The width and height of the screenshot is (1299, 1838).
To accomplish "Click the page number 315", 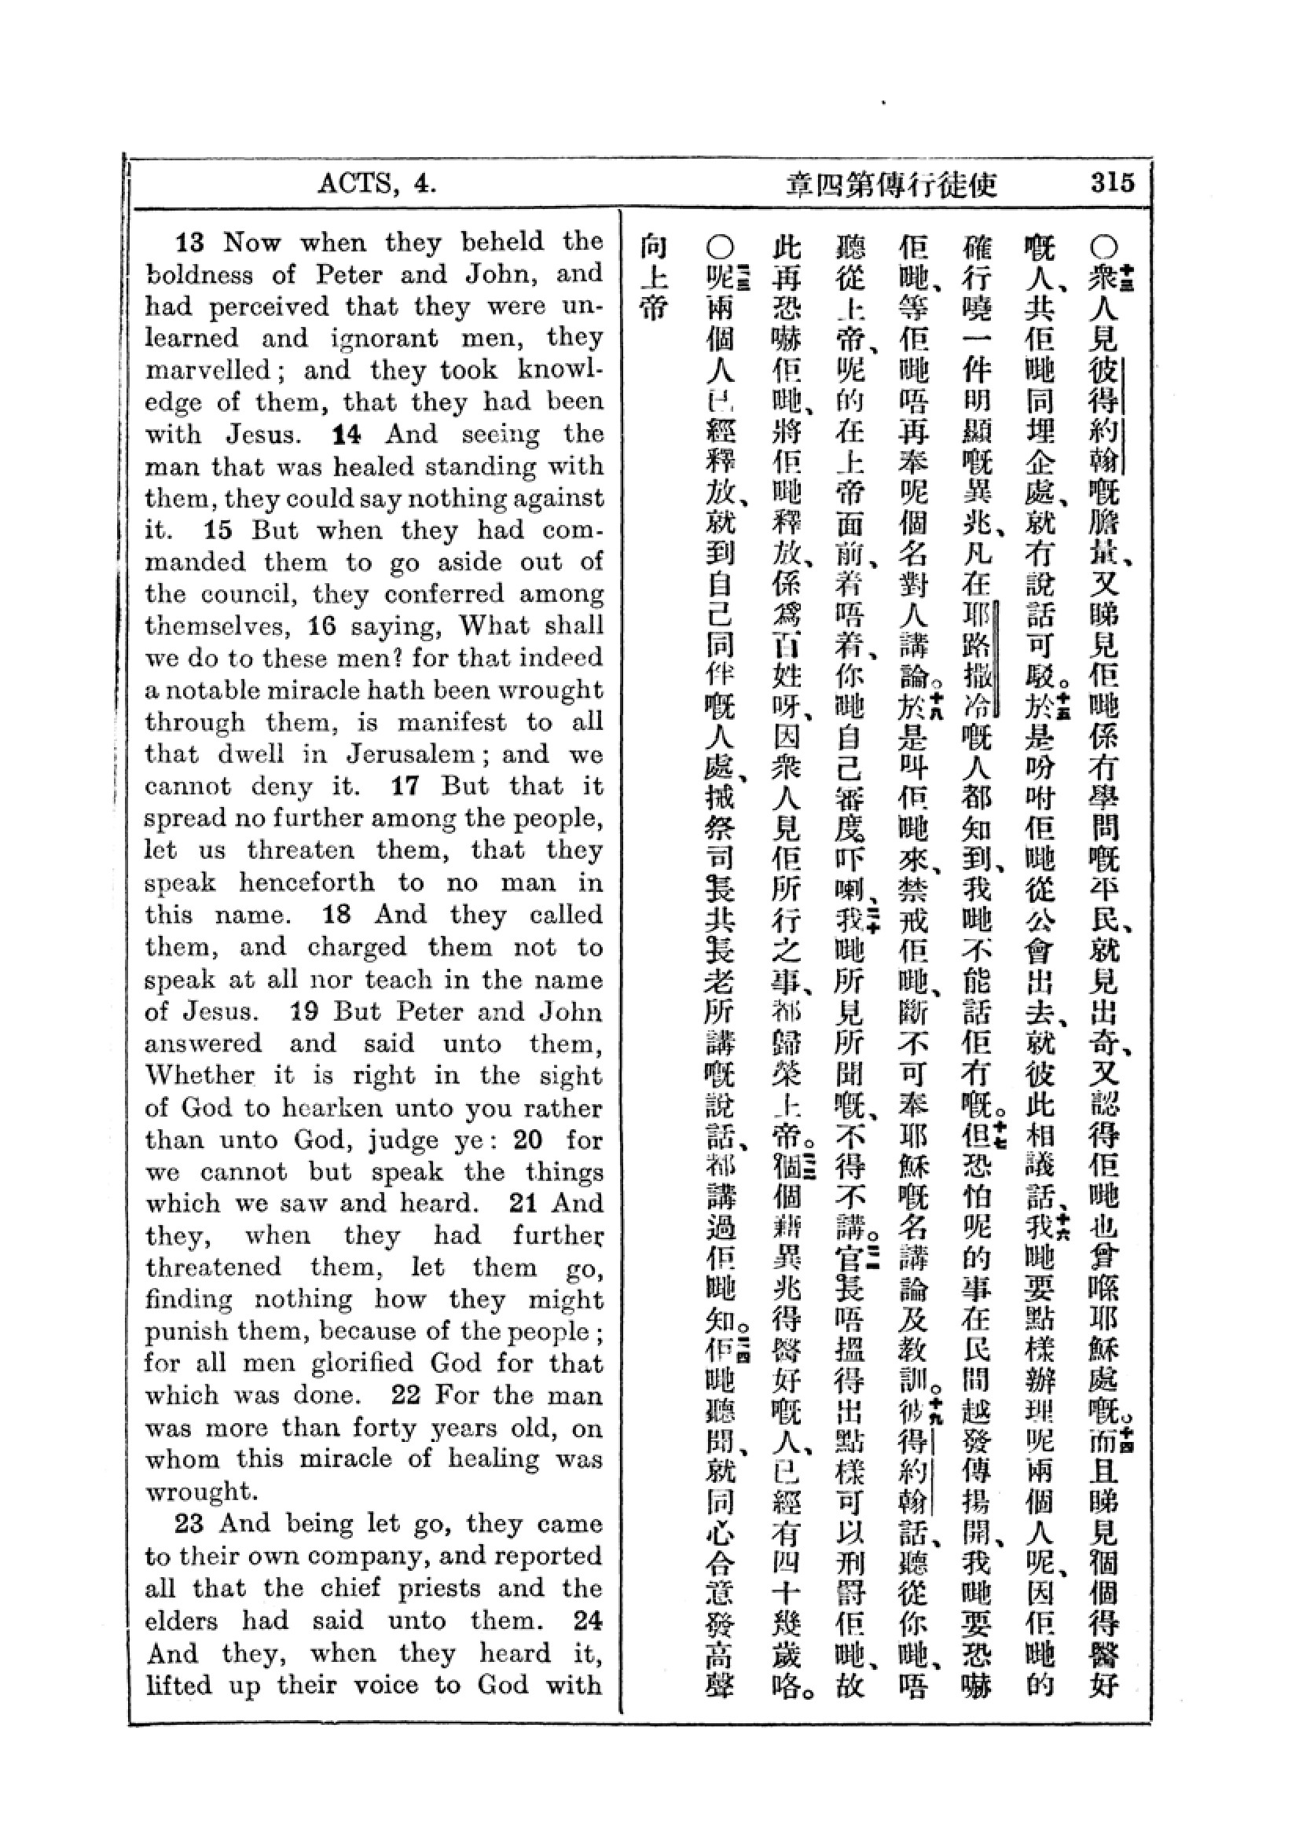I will coord(1112,183).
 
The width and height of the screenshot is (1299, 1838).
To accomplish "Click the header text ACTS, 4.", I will coord(377,184).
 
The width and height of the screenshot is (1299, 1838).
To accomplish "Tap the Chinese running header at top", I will coord(891,185).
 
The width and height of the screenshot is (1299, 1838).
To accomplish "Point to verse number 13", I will coord(190,242).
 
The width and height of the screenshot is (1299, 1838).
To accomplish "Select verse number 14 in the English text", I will coord(347,435).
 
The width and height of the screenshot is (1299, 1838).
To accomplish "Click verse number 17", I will coord(405,786).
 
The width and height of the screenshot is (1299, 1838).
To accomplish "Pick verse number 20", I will coord(528,1139).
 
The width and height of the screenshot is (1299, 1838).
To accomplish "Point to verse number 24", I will coord(588,1620).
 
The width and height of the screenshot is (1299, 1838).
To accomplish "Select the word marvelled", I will coord(208,371).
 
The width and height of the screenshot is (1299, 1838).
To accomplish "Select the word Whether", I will coord(200,1075).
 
